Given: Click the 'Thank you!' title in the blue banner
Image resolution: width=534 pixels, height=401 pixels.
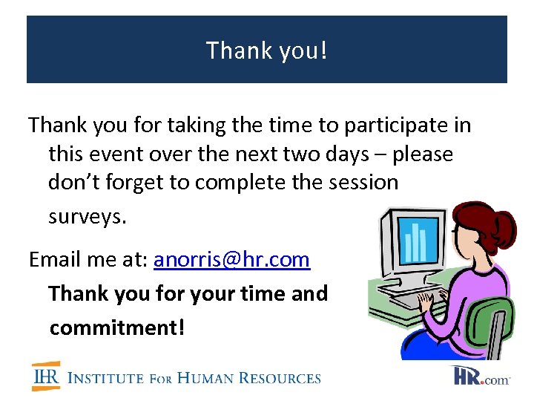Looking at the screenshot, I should pos(266,50).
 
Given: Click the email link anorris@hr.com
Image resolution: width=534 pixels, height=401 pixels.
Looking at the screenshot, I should pos(231,260).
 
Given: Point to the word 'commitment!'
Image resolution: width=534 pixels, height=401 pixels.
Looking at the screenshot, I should pos(116,327).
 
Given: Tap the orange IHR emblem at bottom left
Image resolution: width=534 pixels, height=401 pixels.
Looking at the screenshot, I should pos(46,376).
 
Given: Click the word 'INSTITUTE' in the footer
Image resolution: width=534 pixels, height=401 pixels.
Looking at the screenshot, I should pos(105,378).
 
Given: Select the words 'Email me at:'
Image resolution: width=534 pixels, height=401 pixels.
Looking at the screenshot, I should pos(88,260).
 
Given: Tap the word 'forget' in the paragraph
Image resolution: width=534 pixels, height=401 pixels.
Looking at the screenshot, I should pos(128,183).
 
